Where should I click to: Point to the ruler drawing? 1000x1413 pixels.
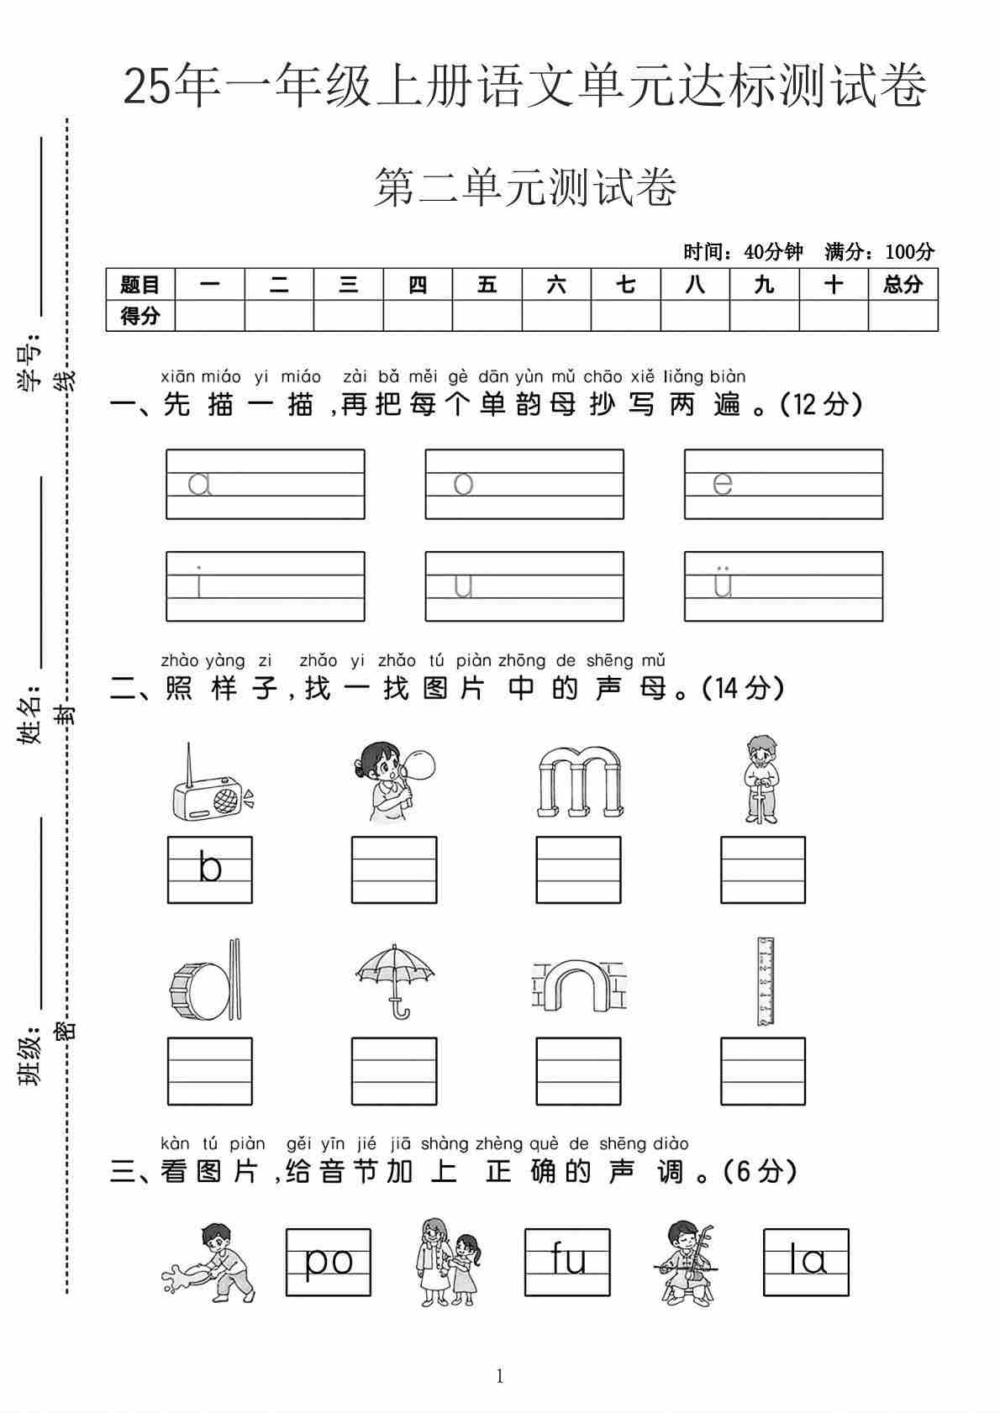pos(764,981)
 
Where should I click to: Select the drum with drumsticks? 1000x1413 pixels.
pos(206,980)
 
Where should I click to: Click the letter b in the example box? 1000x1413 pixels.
pos(210,868)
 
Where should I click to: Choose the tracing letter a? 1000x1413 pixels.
pos(199,484)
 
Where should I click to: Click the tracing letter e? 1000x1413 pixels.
pos(722,484)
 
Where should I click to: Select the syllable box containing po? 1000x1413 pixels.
pos(328,1262)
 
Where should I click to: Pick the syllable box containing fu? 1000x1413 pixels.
pos(567,1262)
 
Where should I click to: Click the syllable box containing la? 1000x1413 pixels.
pos(806,1262)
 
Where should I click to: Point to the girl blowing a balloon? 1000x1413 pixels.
pos(394,781)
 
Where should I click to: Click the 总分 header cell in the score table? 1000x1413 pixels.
pos(903,285)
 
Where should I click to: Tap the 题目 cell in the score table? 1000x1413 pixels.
pos(139,285)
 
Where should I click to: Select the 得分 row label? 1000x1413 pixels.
pos(139,316)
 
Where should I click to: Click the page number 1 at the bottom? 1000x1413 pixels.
pos(500,1376)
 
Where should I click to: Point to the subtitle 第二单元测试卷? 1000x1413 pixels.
pos(525,187)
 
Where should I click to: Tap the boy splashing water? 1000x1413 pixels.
pos(210,1264)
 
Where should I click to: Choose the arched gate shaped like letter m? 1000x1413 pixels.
pos(579,783)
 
